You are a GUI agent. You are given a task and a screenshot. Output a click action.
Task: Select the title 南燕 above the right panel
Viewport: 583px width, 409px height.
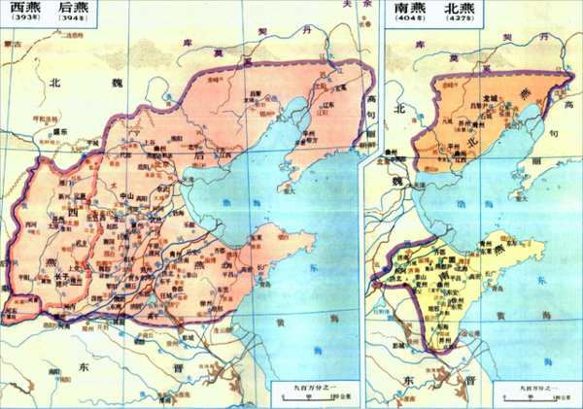pyautogui.click(x=407, y=9)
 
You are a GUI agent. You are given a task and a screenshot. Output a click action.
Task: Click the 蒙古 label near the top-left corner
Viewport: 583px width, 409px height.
pyautogui.click(x=12, y=44)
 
